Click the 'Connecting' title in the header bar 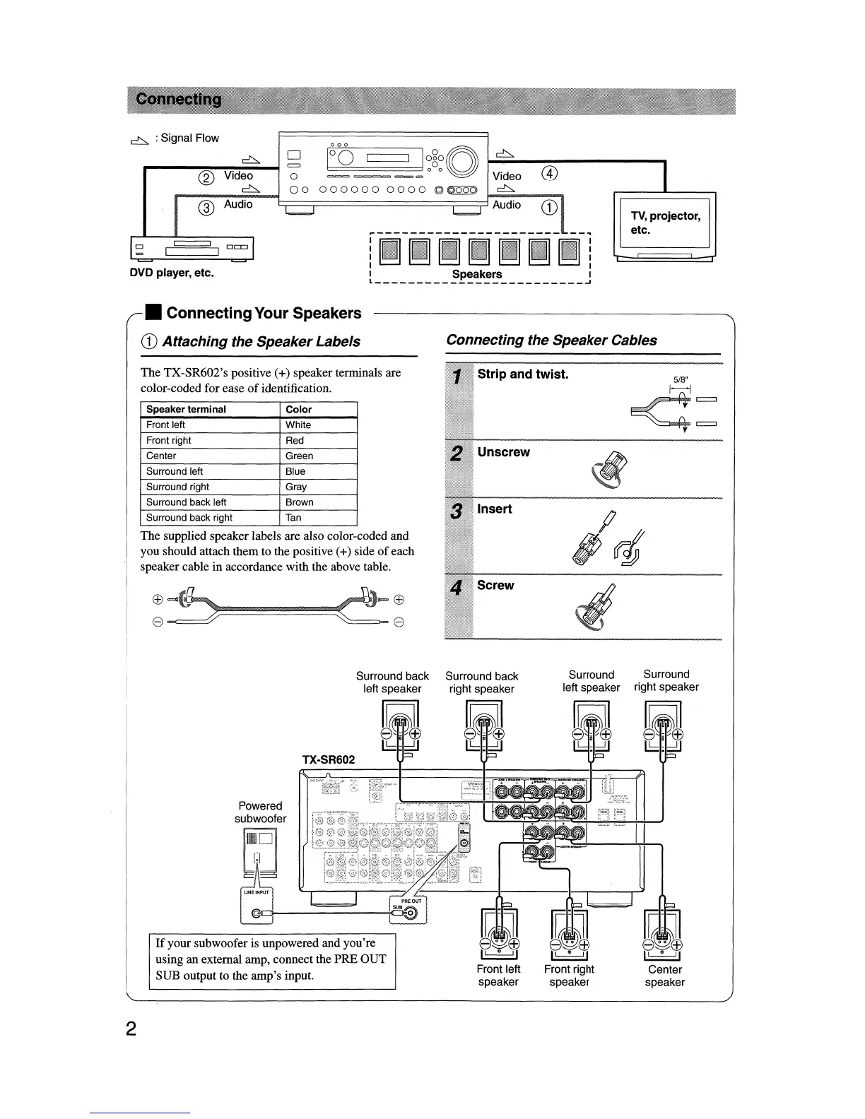point(179,100)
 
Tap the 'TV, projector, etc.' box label point(665,223)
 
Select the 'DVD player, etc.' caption point(171,273)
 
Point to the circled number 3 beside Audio point(205,207)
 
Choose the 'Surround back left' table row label point(186,502)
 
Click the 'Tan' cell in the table point(293,518)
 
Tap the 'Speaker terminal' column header point(186,409)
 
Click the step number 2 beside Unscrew point(457,454)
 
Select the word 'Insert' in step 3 point(495,509)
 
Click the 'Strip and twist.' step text point(522,374)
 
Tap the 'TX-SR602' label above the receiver point(328,760)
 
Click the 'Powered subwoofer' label point(261,812)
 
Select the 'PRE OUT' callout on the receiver point(411,901)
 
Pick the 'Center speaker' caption point(664,976)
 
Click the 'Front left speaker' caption point(498,976)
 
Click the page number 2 point(131,1029)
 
